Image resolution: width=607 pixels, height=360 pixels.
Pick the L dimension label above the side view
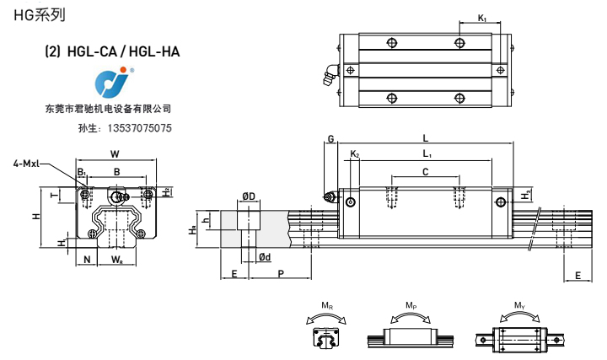[x=426, y=137]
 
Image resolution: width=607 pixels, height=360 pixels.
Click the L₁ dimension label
[x=427, y=153]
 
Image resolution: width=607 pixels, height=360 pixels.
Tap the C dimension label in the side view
[x=425, y=171]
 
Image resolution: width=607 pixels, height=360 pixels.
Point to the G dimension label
[x=330, y=138]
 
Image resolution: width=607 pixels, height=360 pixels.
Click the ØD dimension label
[x=249, y=196]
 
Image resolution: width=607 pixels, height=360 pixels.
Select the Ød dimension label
[x=264, y=256]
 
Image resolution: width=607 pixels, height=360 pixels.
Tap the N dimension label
[x=88, y=260]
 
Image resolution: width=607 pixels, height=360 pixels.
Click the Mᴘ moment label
[x=410, y=305]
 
